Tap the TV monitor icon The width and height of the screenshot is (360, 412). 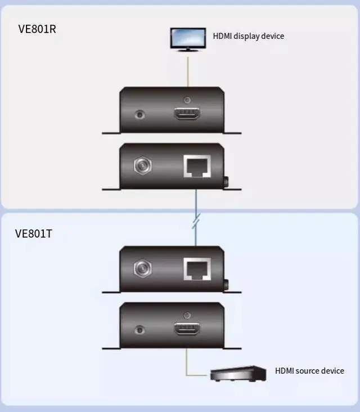coord(188,39)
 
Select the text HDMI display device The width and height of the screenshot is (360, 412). coord(248,36)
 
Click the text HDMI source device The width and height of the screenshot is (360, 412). coord(309,370)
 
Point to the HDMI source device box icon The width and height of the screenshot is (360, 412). coord(237,374)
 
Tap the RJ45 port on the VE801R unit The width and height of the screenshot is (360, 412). coord(196,166)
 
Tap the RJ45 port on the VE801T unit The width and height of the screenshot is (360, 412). coord(196,270)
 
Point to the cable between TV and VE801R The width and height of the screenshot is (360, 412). coord(188,70)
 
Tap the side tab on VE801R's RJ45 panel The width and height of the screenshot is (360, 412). coord(226,182)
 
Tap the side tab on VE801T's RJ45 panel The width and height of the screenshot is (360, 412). coord(226,285)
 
